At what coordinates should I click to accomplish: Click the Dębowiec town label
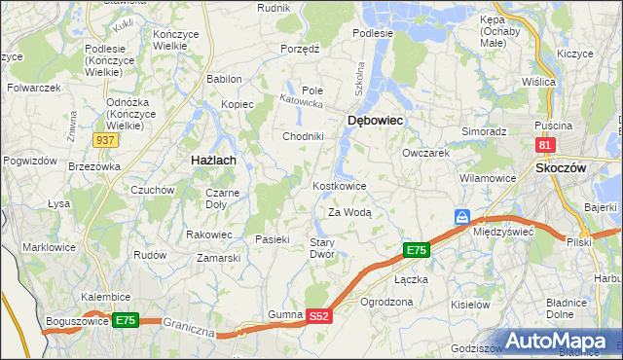(x=375, y=120)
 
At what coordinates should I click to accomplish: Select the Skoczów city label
(x=560, y=167)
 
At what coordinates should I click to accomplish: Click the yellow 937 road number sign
(x=106, y=141)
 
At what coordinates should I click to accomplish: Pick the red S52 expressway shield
(x=319, y=316)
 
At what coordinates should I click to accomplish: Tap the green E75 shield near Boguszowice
(x=125, y=320)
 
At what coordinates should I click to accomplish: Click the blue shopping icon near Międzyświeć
(x=463, y=216)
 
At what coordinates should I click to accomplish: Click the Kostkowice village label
(x=339, y=186)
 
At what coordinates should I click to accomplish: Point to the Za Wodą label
(x=349, y=211)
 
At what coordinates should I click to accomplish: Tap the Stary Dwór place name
(x=322, y=248)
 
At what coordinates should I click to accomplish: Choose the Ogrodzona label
(x=385, y=302)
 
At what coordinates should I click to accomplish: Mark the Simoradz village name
(x=484, y=130)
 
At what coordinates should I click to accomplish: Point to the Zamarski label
(x=218, y=258)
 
